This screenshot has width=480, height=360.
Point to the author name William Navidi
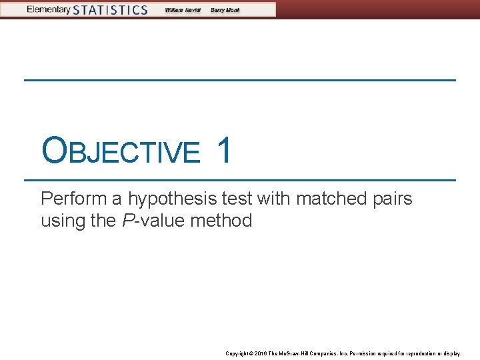point(183,10)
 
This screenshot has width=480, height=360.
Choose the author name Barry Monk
point(224,10)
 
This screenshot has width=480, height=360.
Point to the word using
point(63,221)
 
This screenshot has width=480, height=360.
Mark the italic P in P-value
point(127,221)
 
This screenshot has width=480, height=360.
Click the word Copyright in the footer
point(237,353)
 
